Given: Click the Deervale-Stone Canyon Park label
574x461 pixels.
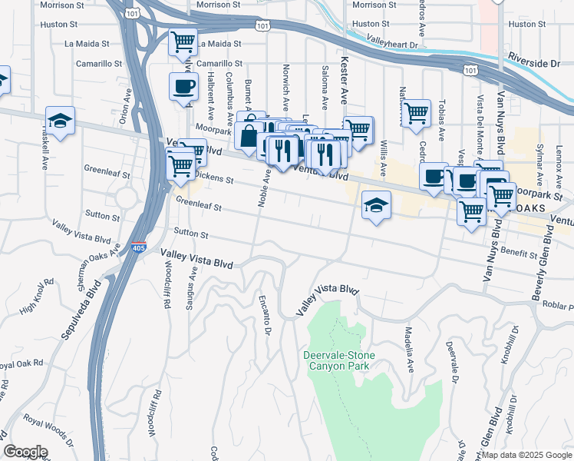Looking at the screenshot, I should click(x=336, y=360).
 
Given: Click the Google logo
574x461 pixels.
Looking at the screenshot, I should click(x=25, y=452).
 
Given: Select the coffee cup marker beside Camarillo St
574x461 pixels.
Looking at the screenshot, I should click(x=183, y=87).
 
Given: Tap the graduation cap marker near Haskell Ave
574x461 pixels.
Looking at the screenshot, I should click(x=60, y=121).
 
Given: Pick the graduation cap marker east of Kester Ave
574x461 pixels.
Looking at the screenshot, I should click(x=376, y=205).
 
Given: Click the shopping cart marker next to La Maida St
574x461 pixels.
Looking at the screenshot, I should click(x=183, y=42).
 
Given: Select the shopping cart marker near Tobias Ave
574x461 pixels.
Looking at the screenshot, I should click(x=416, y=113).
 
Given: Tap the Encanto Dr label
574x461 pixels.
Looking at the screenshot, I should click(x=266, y=314).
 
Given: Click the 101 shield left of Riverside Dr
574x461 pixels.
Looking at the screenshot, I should click(x=468, y=69).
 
